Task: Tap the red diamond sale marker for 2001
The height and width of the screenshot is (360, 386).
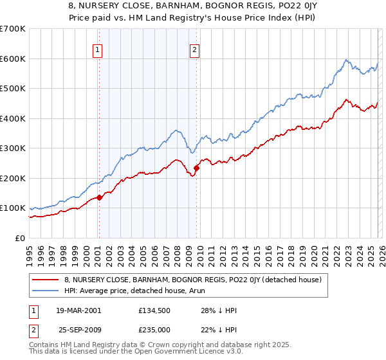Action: [x=99, y=198]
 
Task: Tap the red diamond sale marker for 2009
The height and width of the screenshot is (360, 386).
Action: [x=196, y=168]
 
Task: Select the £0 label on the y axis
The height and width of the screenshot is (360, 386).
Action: [x=19, y=239]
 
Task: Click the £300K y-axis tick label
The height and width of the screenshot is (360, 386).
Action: [x=12, y=148]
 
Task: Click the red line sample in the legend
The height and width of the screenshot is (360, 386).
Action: [x=46, y=280]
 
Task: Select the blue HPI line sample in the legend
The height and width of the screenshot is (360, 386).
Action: [x=46, y=291]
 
